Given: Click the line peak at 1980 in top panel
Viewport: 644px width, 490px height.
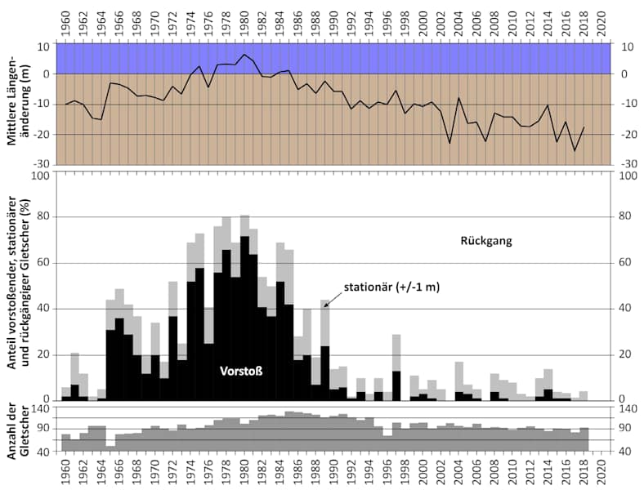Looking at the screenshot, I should click(244, 55).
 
